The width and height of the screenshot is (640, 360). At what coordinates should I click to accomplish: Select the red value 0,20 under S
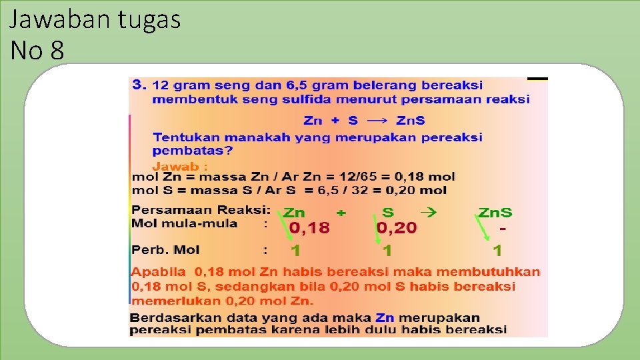pos(397,229)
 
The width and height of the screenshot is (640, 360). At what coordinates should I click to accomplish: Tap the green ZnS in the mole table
pos(495,213)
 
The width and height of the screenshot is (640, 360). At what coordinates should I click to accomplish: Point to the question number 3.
pos(138,85)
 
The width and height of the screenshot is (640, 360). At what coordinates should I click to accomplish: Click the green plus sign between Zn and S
pos(341,213)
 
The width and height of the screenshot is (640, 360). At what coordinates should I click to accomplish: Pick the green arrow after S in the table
pos(429,213)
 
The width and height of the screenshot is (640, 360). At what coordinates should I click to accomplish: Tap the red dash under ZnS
pos(503,228)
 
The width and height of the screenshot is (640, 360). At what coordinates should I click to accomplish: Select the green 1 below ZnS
pos(497,251)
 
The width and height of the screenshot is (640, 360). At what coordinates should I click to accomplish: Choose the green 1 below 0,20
pos(387,251)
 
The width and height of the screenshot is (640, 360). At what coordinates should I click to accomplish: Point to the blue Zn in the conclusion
pos(385,318)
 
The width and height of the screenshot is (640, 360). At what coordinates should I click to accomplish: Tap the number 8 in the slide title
pos(57,50)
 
